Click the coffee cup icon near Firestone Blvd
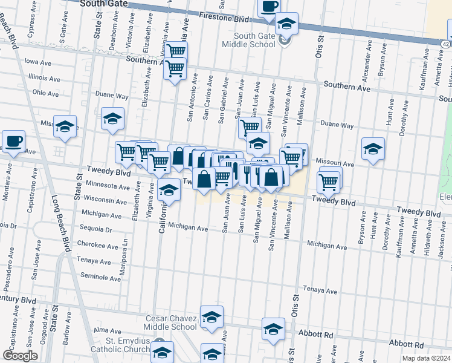pyautogui.click(x=269, y=7)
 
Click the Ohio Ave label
pyautogui.click(x=46, y=93)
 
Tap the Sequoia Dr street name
pyautogui.click(x=95, y=230)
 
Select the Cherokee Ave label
pyautogui.click(x=98, y=246)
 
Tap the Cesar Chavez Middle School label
pyautogui.click(x=172, y=322)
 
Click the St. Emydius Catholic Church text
pyautogui.click(x=120, y=345)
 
